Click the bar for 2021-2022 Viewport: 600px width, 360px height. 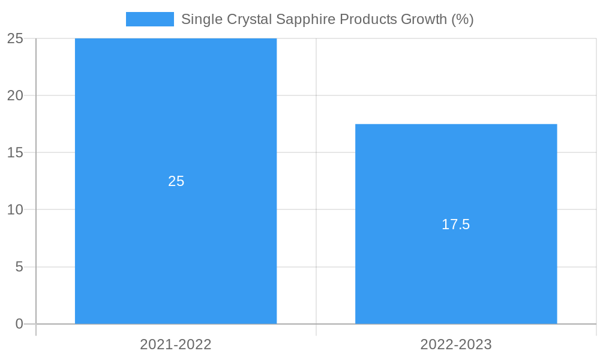tap(176, 120)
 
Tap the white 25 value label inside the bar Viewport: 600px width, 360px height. tap(176, 181)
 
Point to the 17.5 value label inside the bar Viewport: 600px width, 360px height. tap(456, 224)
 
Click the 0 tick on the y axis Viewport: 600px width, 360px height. tap(19, 324)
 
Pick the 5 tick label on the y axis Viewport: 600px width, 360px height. tap(19, 267)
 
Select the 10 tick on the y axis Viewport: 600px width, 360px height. tap(15, 210)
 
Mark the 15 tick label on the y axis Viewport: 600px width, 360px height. tap(15, 152)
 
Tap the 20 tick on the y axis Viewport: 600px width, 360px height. tap(15, 95)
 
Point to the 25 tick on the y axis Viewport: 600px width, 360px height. tap(15, 38)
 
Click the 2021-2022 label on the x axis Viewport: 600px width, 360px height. tap(176, 344)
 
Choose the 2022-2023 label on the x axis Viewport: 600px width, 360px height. tap(456, 344)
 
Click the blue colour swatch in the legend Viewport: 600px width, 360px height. tap(149, 19)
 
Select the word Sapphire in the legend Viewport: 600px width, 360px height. tap(306, 19)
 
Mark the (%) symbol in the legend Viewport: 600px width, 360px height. tap(463, 19)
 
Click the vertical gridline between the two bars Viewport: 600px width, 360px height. tap(316, 180)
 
